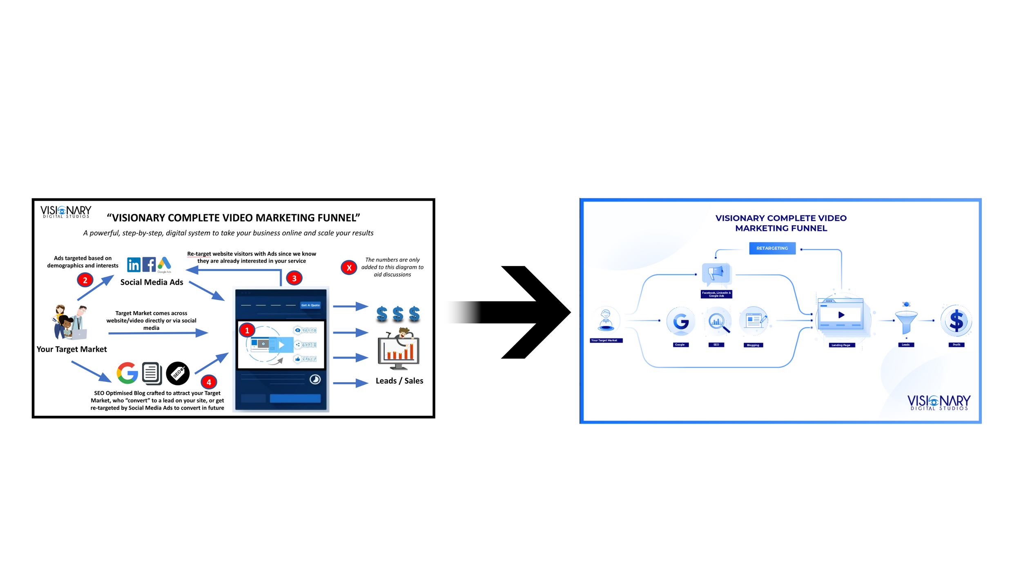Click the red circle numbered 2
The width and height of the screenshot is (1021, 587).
[85, 280]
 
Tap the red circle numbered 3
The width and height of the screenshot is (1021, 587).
[294, 278]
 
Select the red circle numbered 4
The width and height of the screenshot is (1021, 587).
[209, 382]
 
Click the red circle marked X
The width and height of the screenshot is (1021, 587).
[349, 268]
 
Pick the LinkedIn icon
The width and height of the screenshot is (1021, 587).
[134, 265]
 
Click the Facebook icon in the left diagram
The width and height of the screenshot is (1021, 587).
[149, 265]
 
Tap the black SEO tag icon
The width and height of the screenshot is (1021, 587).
[178, 373]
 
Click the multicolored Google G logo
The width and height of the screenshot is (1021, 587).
[127, 373]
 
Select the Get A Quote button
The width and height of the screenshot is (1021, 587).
[310, 305]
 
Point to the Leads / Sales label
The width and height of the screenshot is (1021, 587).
[399, 381]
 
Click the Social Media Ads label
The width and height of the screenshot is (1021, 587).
[152, 282]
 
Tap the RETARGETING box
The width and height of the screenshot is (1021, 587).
[772, 248]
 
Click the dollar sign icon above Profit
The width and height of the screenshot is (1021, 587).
[956, 320]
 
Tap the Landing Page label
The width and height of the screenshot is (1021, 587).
[841, 345]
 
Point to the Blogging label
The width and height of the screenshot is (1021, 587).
[753, 345]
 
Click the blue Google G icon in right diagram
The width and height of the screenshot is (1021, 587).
[680, 321]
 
